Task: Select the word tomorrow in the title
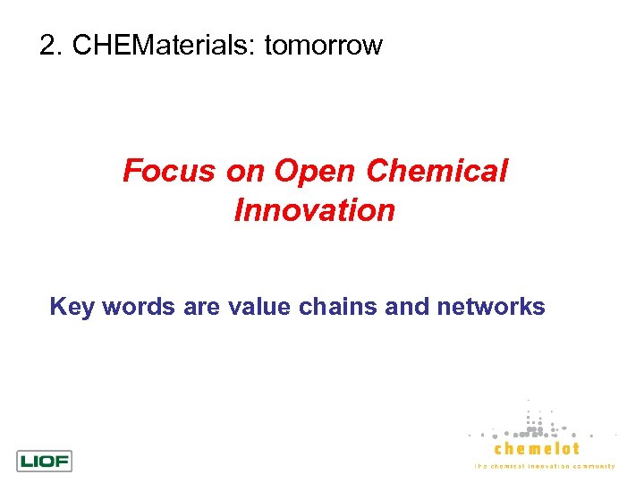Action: click(x=323, y=45)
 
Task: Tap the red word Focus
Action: click(x=165, y=170)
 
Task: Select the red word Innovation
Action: click(x=314, y=210)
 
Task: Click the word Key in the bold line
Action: click(x=72, y=308)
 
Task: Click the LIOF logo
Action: click(x=44, y=461)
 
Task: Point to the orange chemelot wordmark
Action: click(x=537, y=449)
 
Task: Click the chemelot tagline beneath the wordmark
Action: click(x=544, y=467)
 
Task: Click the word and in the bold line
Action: click(x=411, y=308)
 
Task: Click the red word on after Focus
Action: click(x=245, y=170)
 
